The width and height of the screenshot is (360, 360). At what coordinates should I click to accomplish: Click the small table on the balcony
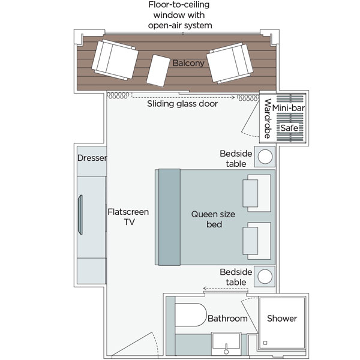pos(159,69)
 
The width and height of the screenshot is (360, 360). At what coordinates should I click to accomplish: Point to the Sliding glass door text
pos(182,104)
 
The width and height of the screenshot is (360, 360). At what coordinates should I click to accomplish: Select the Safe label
pos(290,128)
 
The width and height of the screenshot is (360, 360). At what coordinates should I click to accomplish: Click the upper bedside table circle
pos(265,157)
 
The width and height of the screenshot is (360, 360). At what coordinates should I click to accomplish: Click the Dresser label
pos(92,159)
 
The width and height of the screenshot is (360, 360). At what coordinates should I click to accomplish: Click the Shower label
pos(282,318)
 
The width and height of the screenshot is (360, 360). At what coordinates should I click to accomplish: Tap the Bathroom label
pos(227,319)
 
